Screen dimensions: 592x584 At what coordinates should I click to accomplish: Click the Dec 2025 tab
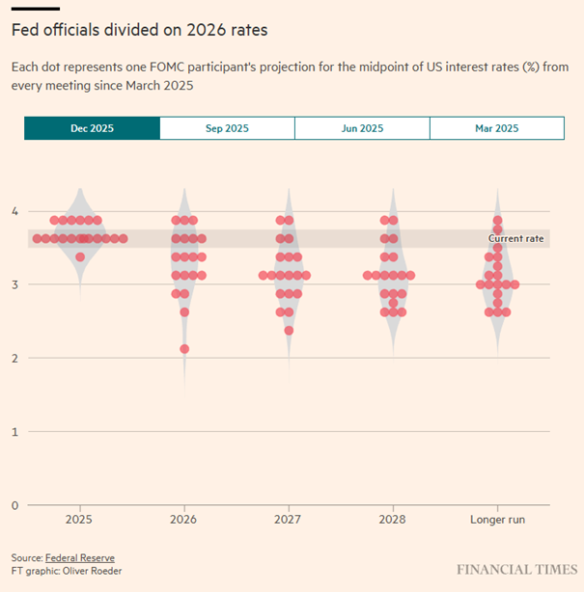click(92, 128)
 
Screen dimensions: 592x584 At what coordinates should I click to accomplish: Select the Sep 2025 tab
click(227, 128)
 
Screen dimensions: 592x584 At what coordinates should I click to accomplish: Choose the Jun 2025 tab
click(362, 128)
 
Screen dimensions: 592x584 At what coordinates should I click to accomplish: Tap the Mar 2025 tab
click(496, 128)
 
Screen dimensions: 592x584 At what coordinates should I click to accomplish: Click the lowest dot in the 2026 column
click(184, 349)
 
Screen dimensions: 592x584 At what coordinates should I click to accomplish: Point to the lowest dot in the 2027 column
click(289, 331)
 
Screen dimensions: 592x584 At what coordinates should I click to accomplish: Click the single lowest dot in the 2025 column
click(80, 256)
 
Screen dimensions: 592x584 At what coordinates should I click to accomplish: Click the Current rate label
click(515, 238)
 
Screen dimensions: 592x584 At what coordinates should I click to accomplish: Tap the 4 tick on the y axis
click(14, 210)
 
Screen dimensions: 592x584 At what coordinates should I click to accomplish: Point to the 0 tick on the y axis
click(14, 505)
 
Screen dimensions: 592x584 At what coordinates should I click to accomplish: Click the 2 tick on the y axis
click(14, 358)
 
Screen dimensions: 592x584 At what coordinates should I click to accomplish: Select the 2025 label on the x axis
click(79, 520)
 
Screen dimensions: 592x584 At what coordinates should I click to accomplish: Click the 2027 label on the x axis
click(289, 520)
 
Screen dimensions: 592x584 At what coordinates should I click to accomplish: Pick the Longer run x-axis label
click(497, 520)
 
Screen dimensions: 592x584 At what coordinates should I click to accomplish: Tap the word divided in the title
click(123, 30)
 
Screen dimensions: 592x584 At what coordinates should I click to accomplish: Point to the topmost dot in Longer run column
click(497, 220)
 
